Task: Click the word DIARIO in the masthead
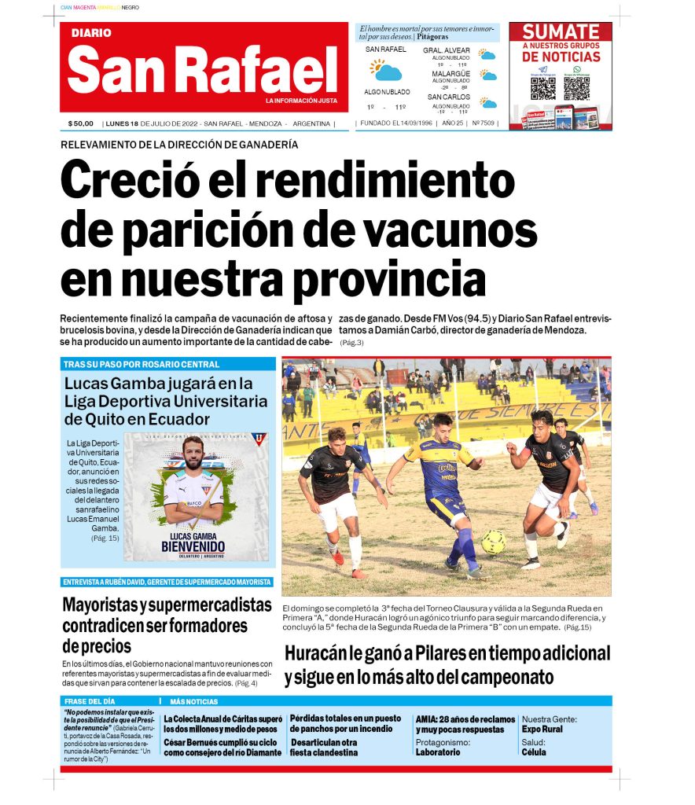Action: (91, 33)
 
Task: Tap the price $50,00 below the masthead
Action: (80, 123)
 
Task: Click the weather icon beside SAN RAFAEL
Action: (386, 71)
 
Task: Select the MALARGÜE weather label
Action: (450, 73)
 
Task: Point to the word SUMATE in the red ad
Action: (561, 32)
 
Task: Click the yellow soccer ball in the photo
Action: (494, 542)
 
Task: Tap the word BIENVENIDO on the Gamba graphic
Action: (193, 546)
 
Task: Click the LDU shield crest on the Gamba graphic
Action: (259, 439)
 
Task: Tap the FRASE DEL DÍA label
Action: (89, 700)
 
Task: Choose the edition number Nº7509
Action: (484, 123)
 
